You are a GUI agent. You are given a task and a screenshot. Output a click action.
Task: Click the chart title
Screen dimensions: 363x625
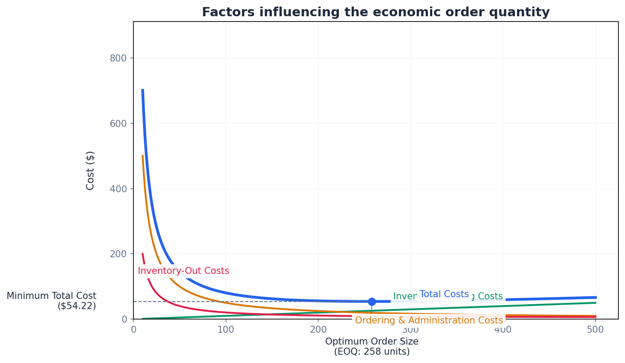(x=375, y=12)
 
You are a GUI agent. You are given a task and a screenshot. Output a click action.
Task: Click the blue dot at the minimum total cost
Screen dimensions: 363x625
(x=372, y=302)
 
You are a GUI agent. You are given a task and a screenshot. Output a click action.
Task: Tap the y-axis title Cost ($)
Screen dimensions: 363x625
(x=90, y=170)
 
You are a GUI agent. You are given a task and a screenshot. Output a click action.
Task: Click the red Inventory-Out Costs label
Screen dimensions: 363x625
(x=183, y=271)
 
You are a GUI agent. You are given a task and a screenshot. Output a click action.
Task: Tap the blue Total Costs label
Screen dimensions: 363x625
(x=444, y=294)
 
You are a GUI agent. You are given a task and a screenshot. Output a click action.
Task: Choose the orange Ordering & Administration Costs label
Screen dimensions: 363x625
(x=429, y=320)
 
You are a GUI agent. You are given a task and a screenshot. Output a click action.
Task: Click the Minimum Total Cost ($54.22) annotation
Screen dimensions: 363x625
(x=51, y=301)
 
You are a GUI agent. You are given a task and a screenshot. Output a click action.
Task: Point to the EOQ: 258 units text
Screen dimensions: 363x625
(x=372, y=352)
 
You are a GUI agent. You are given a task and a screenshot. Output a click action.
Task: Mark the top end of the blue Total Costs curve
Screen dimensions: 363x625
(x=143, y=90)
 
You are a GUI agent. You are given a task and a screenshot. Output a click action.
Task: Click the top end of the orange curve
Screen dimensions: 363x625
(x=143, y=156)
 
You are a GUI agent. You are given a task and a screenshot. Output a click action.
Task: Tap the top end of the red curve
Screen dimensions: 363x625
(x=143, y=254)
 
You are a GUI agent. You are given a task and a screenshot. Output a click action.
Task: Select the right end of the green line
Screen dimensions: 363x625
(x=596, y=303)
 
